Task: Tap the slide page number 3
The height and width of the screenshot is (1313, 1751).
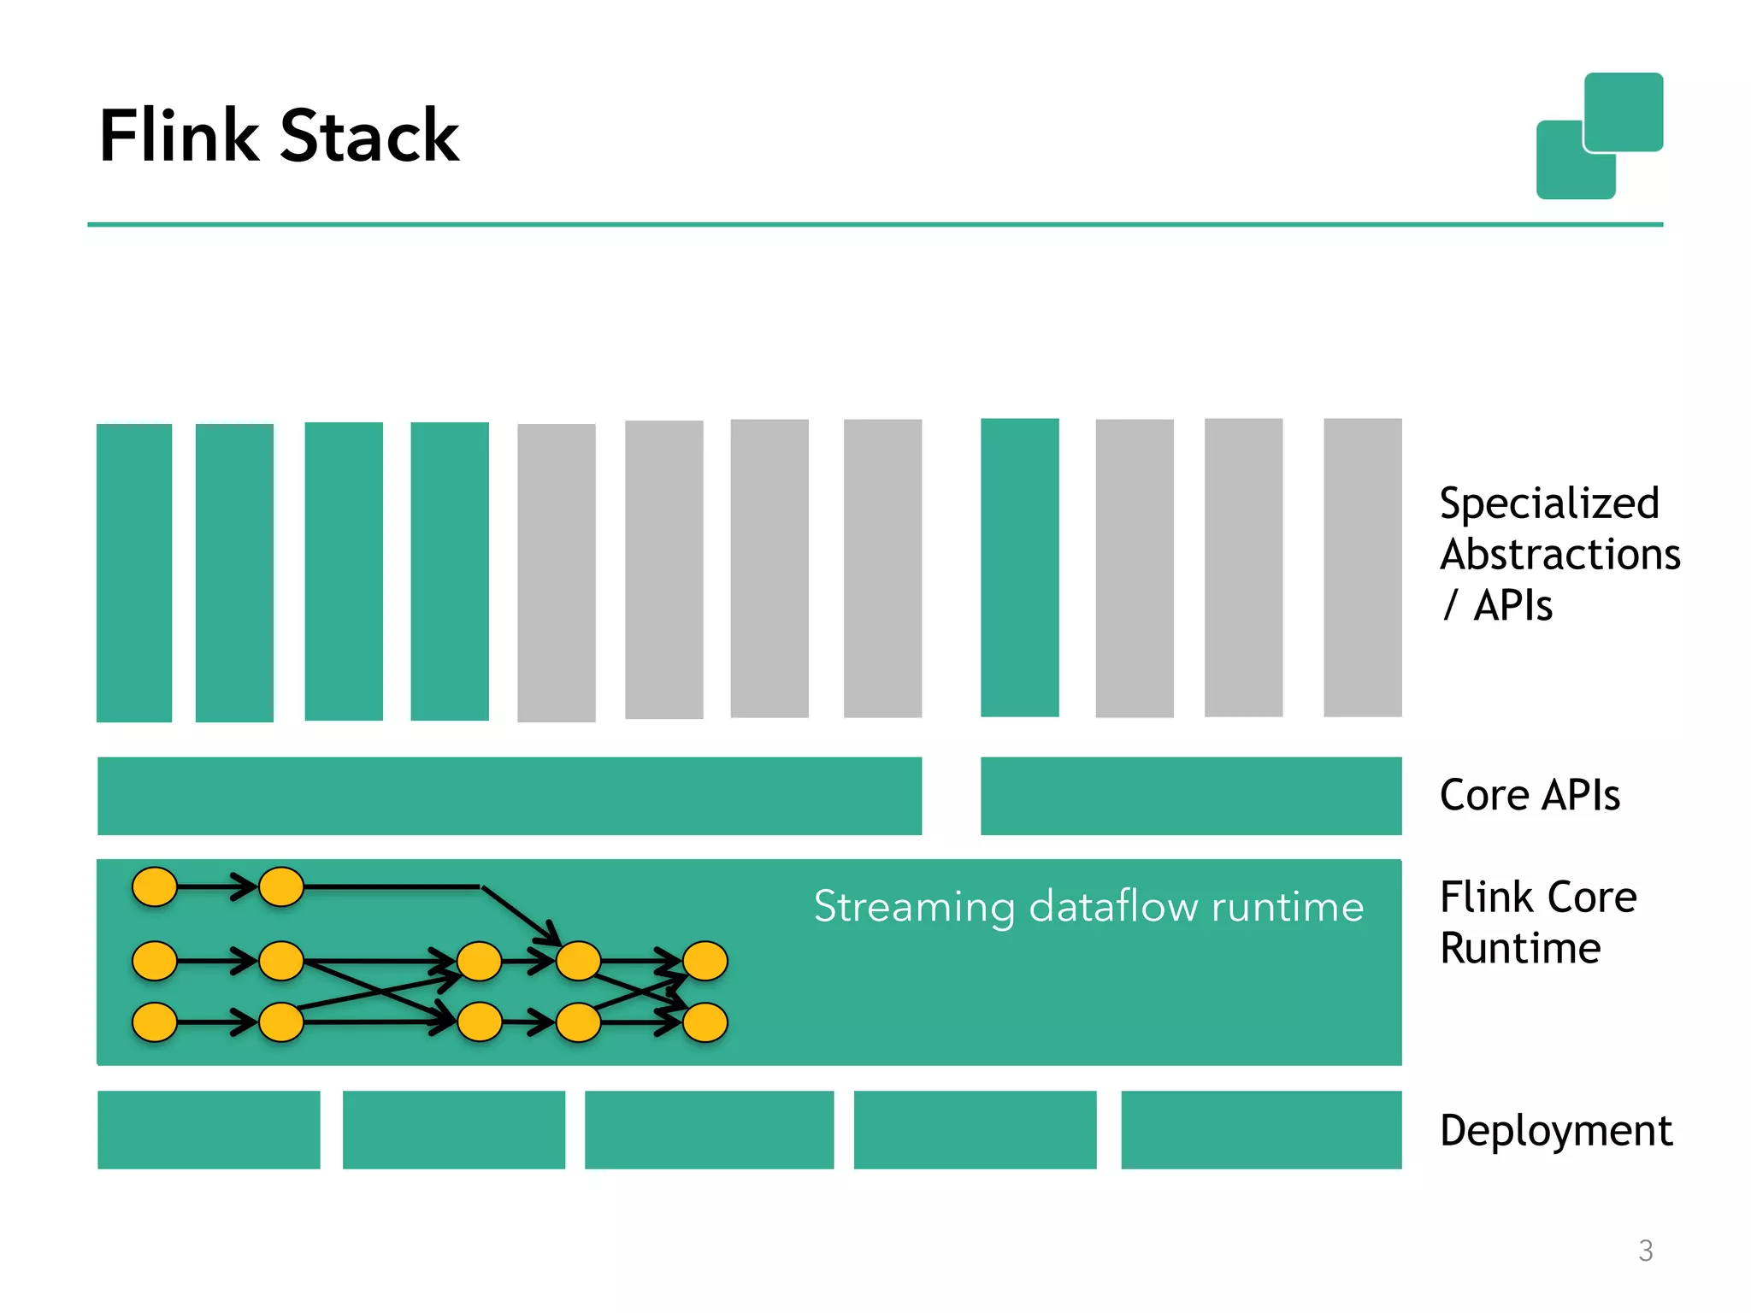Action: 1645,1251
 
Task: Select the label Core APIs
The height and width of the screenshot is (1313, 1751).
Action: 1529,795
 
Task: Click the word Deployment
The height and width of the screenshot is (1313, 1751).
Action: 1555,1130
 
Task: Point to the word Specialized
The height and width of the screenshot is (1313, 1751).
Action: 1548,503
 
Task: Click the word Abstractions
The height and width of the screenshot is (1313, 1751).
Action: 1559,554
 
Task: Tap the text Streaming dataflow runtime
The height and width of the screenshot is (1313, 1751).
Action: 1088,906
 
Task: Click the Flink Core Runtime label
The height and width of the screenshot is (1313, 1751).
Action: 1537,921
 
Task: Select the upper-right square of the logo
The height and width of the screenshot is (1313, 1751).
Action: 1623,111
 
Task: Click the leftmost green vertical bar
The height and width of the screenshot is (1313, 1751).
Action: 134,573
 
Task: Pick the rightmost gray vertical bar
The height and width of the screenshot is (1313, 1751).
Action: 1362,568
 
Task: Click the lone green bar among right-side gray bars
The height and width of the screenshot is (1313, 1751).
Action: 1019,568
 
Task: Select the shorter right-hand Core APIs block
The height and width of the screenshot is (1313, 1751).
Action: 1190,796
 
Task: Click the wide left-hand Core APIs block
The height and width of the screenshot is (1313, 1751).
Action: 510,796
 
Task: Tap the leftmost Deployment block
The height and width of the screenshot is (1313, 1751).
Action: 209,1129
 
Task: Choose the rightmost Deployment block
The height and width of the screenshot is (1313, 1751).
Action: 1260,1129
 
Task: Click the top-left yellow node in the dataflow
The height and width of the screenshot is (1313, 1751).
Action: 155,886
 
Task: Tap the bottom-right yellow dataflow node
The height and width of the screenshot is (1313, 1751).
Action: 705,1022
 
